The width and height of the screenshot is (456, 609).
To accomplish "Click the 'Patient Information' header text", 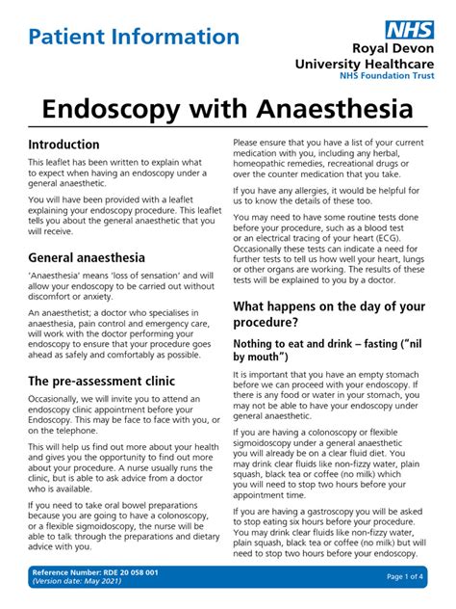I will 134,38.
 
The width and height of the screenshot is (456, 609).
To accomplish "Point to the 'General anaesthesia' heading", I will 87,258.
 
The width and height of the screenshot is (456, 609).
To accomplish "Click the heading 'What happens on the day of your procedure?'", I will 329,315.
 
